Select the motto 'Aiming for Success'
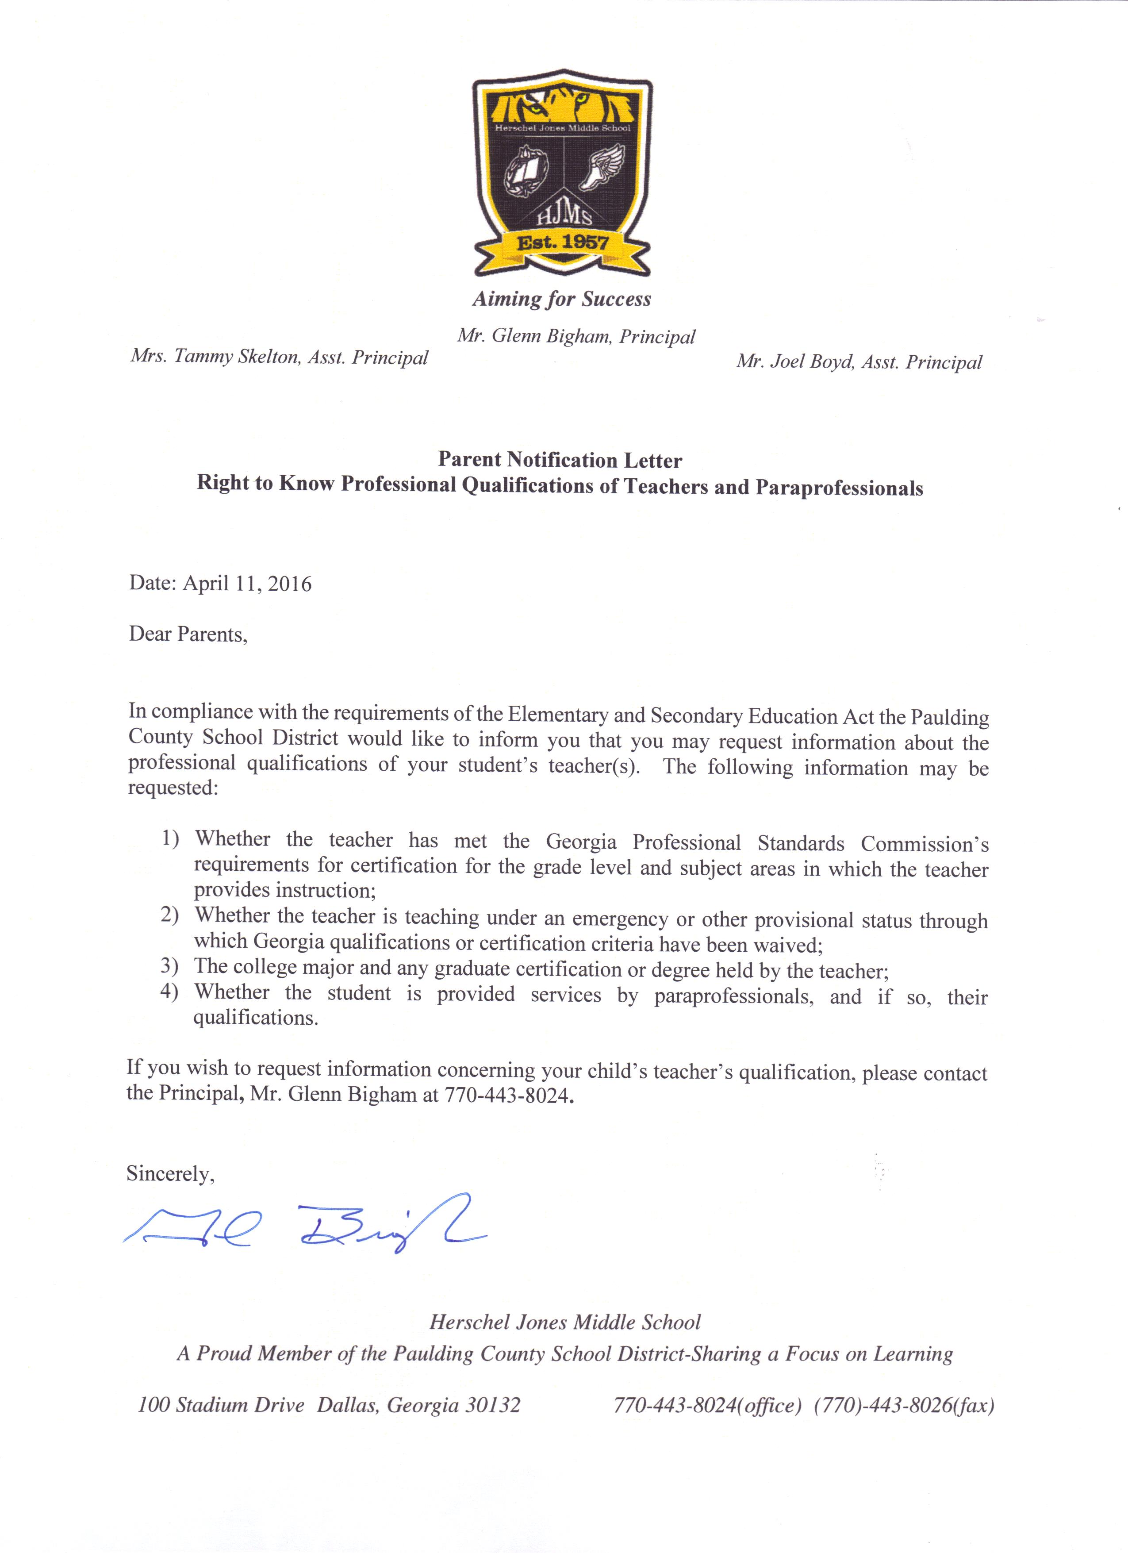561,299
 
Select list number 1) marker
170,838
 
